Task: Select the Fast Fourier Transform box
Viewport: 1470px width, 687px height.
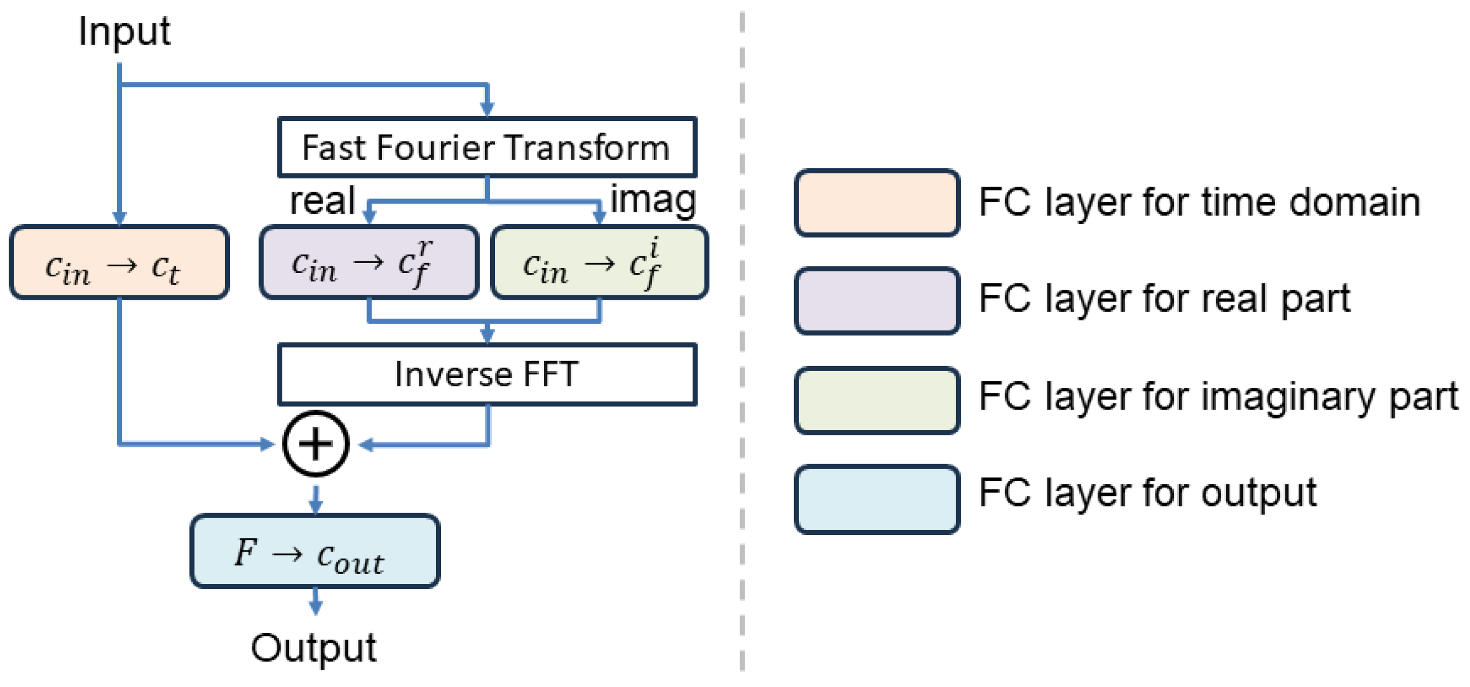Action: click(x=487, y=147)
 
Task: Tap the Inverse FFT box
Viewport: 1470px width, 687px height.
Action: click(x=487, y=374)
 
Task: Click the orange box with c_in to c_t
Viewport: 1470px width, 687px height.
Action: click(x=119, y=262)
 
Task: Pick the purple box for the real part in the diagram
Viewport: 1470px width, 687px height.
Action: click(x=369, y=262)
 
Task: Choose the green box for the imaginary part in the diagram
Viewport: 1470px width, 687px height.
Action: click(x=599, y=262)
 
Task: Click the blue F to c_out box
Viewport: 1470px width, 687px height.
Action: click(x=315, y=552)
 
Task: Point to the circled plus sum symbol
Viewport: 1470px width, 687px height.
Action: click(x=316, y=444)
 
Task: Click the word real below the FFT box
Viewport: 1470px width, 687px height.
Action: click(x=322, y=201)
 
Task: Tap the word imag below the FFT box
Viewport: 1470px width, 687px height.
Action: click(x=653, y=199)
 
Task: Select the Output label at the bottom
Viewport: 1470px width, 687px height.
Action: click(x=314, y=647)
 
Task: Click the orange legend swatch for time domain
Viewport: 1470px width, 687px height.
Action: click(x=876, y=203)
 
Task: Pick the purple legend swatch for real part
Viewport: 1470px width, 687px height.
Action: click(x=876, y=301)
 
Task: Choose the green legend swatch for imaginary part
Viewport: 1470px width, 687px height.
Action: click(x=876, y=400)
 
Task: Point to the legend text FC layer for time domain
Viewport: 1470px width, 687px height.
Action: click(x=1198, y=202)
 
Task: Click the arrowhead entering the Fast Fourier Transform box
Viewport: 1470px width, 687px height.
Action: click(x=487, y=109)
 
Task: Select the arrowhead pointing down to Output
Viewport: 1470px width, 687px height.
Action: click(x=315, y=607)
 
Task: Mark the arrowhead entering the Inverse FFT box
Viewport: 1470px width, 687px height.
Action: click(x=487, y=335)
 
